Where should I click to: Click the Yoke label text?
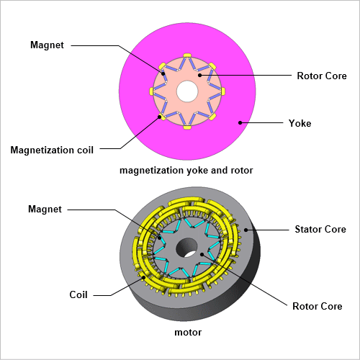pyautogui.click(x=300, y=123)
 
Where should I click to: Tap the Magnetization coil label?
pyautogui.click(x=52, y=150)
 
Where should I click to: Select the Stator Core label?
pyautogui.click(x=320, y=229)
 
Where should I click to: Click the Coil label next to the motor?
pyautogui.click(x=78, y=294)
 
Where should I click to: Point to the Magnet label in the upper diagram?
pyautogui.click(x=47, y=45)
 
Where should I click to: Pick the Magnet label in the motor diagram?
pyautogui.click(x=45, y=209)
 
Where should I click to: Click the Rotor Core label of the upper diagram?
pyautogui.click(x=322, y=76)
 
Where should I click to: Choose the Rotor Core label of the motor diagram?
pyautogui.click(x=318, y=306)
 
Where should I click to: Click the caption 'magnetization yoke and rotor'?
pyautogui.click(x=186, y=171)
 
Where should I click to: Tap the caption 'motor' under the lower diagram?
pyautogui.click(x=188, y=333)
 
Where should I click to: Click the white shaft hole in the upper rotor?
pyautogui.click(x=187, y=91)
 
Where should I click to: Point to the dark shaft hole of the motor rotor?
pyautogui.click(x=186, y=248)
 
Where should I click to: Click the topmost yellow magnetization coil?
pyautogui.click(x=187, y=55)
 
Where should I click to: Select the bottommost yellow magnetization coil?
pyautogui.click(x=187, y=127)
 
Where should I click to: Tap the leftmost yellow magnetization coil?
pyautogui.click(x=151, y=91)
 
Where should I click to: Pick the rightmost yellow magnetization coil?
pyautogui.click(x=223, y=91)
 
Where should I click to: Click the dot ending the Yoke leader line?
pyautogui.click(x=240, y=123)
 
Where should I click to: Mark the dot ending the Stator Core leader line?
pyautogui.click(x=246, y=230)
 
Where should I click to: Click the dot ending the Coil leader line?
pyautogui.click(x=143, y=277)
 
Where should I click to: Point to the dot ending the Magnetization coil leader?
pyautogui.click(x=159, y=117)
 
